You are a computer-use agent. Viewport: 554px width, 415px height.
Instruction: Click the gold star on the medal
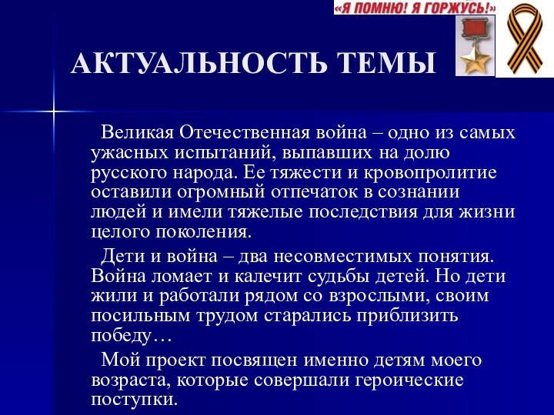click(x=476, y=60)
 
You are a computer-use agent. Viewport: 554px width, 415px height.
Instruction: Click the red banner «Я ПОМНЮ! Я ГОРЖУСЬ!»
click(x=415, y=8)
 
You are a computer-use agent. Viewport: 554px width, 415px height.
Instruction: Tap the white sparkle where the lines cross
click(x=54, y=113)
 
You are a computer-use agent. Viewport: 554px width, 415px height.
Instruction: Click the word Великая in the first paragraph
click(x=136, y=133)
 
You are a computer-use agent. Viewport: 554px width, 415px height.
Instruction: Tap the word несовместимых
click(x=347, y=255)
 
